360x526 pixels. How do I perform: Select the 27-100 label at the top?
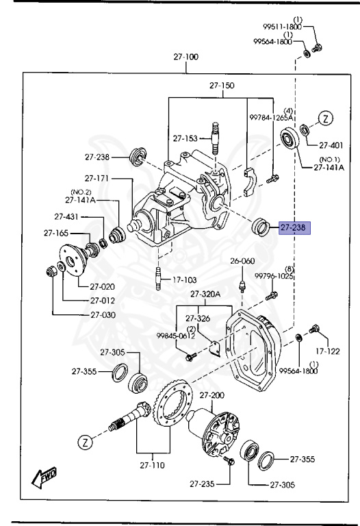pos(185,57)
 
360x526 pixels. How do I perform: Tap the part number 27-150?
pos(221,86)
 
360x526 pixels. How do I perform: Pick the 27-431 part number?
pos(67,217)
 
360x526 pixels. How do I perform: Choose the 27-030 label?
pos(102,314)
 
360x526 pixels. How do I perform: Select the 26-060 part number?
pos(242,261)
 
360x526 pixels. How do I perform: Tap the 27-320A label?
pos(206,294)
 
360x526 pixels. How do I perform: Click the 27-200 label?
pos(211,396)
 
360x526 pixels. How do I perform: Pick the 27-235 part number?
pos(204,484)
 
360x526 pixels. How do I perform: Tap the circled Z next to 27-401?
pos(326,118)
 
